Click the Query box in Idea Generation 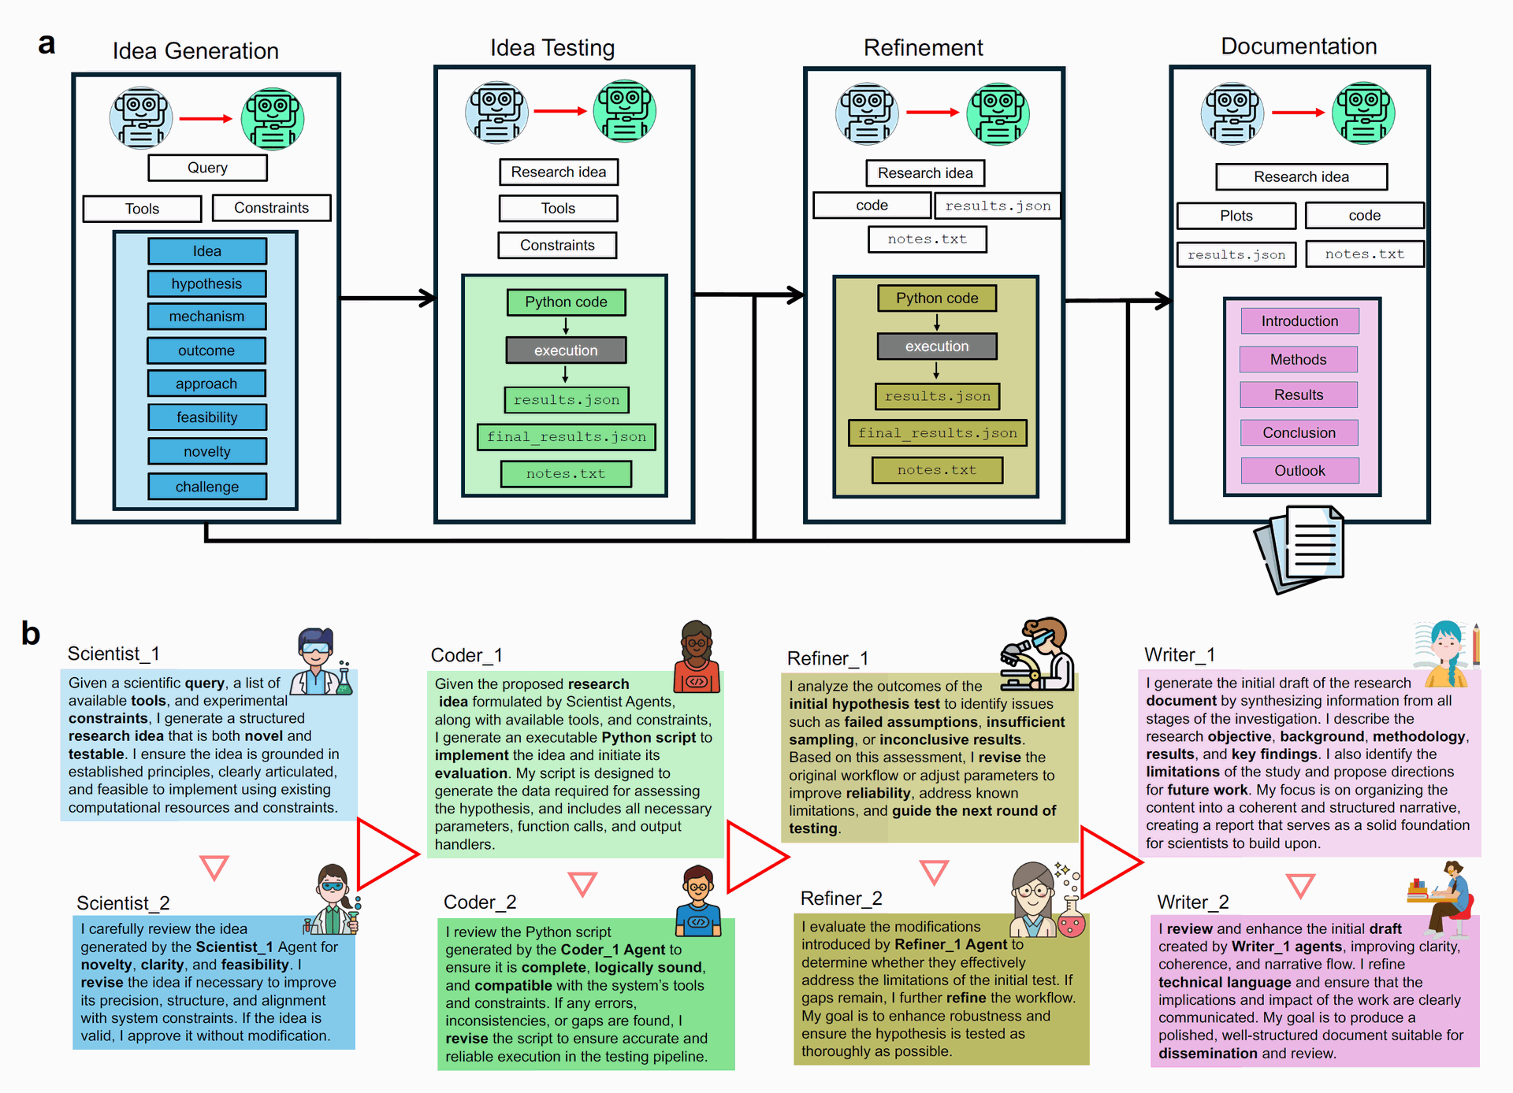(x=207, y=168)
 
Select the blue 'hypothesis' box (x=206, y=283)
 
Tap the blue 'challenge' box (x=207, y=487)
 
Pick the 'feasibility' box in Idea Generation (x=207, y=417)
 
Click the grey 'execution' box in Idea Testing (x=566, y=350)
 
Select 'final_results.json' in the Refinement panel (x=938, y=433)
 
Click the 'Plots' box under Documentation (x=1236, y=216)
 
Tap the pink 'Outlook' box (x=1300, y=471)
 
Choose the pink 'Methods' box (x=1299, y=360)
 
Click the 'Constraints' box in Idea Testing (x=557, y=245)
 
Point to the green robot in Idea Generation (x=273, y=119)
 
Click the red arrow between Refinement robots (x=933, y=113)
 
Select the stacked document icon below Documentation (x=1299, y=550)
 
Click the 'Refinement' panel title (x=924, y=48)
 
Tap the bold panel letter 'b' (x=31, y=633)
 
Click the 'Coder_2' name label (x=480, y=902)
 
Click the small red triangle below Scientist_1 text (x=214, y=866)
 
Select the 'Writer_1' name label (x=1180, y=655)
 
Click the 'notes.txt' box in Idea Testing (x=566, y=474)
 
